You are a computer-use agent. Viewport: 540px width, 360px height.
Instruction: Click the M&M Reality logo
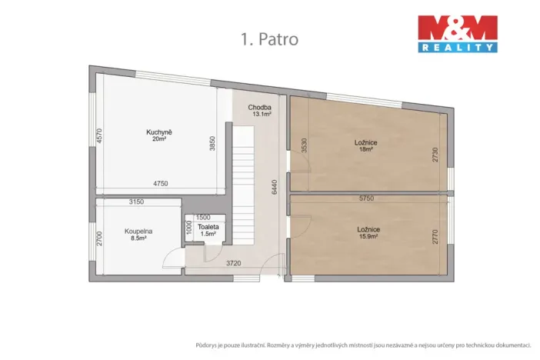[457, 34]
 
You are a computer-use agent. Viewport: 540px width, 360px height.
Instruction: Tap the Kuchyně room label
[159, 132]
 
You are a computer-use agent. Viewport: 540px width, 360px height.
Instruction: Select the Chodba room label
[258, 107]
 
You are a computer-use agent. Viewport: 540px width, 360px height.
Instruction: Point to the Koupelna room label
[138, 231]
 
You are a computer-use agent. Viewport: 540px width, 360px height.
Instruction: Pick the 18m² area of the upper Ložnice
[366, 149]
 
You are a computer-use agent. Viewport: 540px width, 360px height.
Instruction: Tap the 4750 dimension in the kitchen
[160, 184]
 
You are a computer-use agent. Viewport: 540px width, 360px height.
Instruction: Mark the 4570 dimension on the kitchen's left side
[99, 138]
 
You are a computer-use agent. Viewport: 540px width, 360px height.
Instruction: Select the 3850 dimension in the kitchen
[213, 144]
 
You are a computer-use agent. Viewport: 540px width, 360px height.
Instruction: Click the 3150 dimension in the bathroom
[136, 202]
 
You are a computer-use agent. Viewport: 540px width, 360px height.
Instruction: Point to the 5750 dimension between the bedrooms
[366, 198]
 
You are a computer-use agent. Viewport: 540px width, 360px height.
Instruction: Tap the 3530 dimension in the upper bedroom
[305, 145]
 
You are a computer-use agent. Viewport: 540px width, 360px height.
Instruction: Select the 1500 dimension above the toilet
[203, 218]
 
